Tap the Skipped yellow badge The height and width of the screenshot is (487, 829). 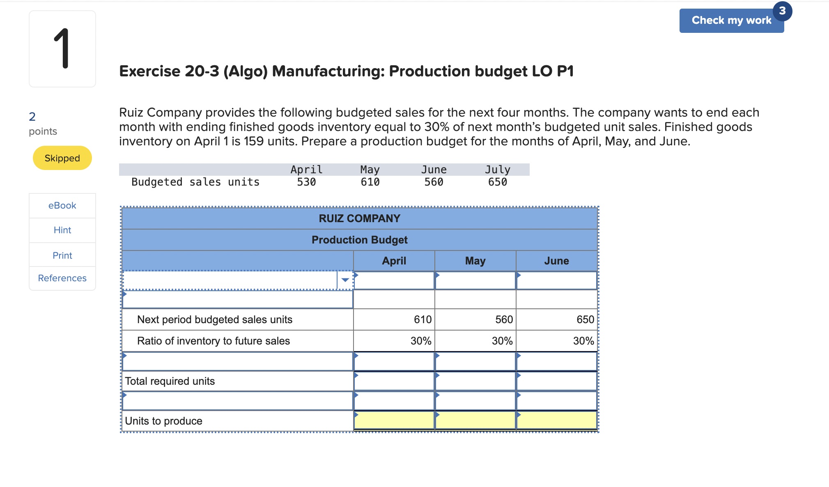click(x=62, y=158)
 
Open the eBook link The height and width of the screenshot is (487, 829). click(x=62, y=205)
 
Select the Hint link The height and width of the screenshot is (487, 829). click(x=62, y=230)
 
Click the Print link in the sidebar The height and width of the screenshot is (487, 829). click(x=62, y=255)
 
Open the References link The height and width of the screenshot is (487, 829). click(x=62, y=278)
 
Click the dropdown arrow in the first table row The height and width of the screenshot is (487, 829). click(x=345, y=280)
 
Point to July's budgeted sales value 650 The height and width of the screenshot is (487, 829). click(x=497, y=182)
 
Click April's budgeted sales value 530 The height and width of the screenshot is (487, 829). click(x=306, y=182)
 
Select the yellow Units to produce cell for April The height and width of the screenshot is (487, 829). click(x=394, y=420)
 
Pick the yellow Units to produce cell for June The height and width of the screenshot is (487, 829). click(x=556, y=420)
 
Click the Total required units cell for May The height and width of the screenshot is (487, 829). click(x=475, y=381)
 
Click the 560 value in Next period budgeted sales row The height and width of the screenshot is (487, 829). click(x=504, y=319)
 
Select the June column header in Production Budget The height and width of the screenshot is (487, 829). click(x=556, y=261)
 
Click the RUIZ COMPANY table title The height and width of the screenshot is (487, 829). click(x=359, y=218)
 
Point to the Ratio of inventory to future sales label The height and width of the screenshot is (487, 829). click(x=214, y=341)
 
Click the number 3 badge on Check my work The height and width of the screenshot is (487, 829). click(x=782, y=11)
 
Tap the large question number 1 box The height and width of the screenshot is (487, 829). click(x=62, y=49)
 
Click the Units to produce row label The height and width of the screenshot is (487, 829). click(x=163, y=421)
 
